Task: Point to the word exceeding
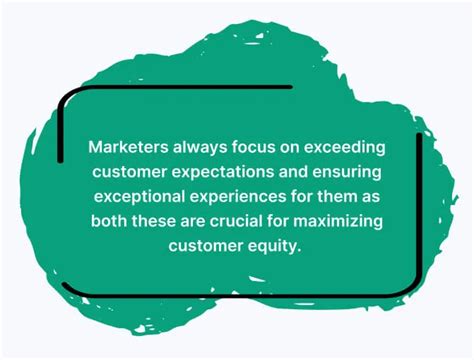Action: pyautogui.click(x=346, y=146)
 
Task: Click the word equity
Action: pyautogui.click(x=273, y=243)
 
